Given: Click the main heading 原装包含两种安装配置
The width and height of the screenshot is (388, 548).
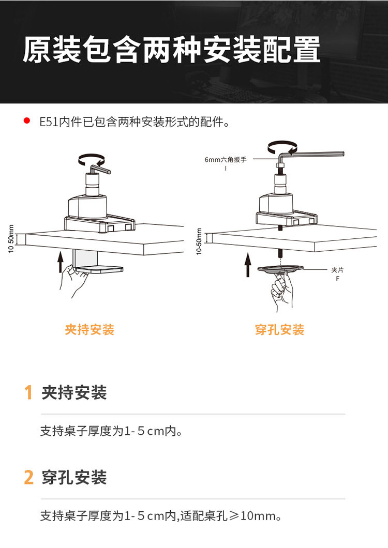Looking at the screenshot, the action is click(171, 51).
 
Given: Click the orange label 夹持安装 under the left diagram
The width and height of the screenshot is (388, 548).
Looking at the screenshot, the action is click(89, 329).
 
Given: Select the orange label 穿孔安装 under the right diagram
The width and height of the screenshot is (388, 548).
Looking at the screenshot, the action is click(279, 329).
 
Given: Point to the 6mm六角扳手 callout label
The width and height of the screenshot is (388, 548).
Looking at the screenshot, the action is click(226, 160).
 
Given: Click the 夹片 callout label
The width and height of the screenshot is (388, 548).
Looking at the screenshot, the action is click(337, 270).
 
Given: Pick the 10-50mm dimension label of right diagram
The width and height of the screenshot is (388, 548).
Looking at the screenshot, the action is click(199, 241).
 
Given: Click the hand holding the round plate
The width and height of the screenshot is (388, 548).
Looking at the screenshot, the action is click(281, 292).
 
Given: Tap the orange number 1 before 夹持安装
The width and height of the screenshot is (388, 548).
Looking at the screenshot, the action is click(29, 393).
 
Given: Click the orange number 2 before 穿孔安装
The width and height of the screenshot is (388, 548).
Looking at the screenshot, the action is click(29, 477).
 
